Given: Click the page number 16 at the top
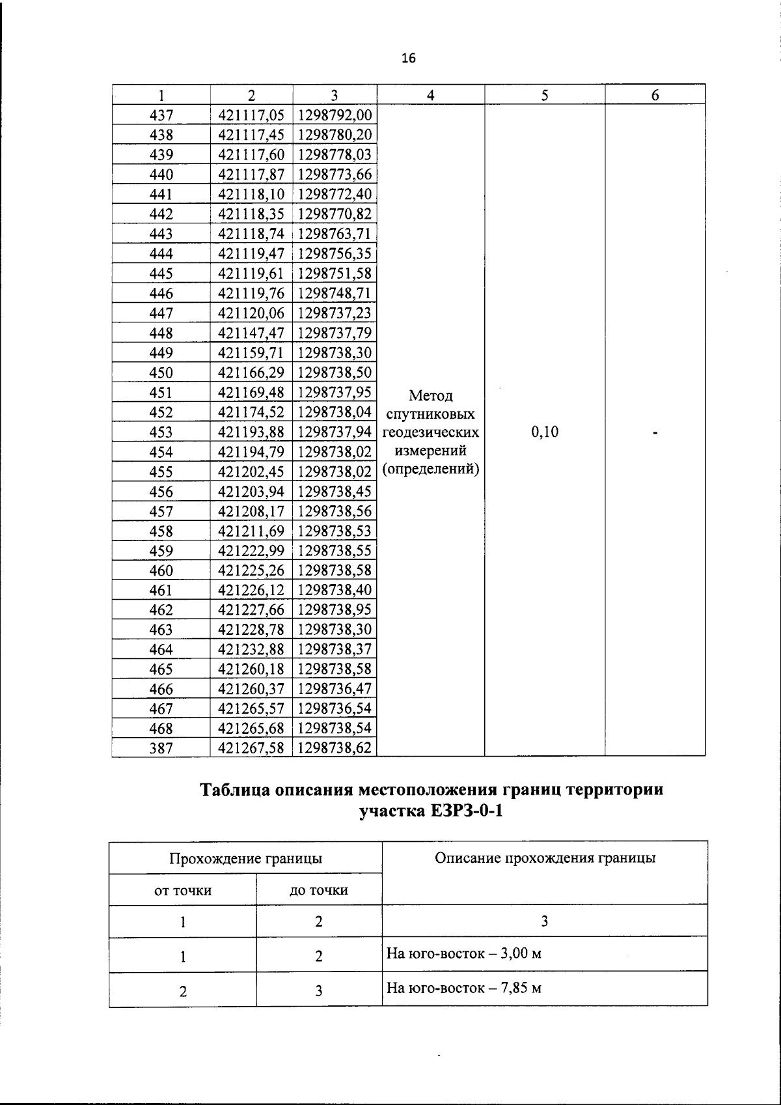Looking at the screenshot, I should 408,59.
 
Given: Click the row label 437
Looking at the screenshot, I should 161,116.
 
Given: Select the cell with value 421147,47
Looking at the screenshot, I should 251,333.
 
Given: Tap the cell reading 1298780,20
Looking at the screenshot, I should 335,135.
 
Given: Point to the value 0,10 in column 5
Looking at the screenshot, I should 545,432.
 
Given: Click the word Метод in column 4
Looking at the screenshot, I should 430,396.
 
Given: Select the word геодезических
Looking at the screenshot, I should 431,432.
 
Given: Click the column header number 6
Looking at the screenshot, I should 655,95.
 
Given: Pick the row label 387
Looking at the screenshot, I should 161,748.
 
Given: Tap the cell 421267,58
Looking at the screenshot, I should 251,748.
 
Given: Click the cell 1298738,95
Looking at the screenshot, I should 335,610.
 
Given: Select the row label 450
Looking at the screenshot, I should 161,373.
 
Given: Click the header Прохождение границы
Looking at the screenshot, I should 245,858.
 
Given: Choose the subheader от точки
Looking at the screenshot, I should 183,890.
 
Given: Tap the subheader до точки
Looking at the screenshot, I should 318,890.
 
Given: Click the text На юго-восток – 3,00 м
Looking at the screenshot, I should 464,954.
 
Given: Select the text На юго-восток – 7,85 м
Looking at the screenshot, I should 464,988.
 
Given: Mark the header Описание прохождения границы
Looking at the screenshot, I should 545,858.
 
